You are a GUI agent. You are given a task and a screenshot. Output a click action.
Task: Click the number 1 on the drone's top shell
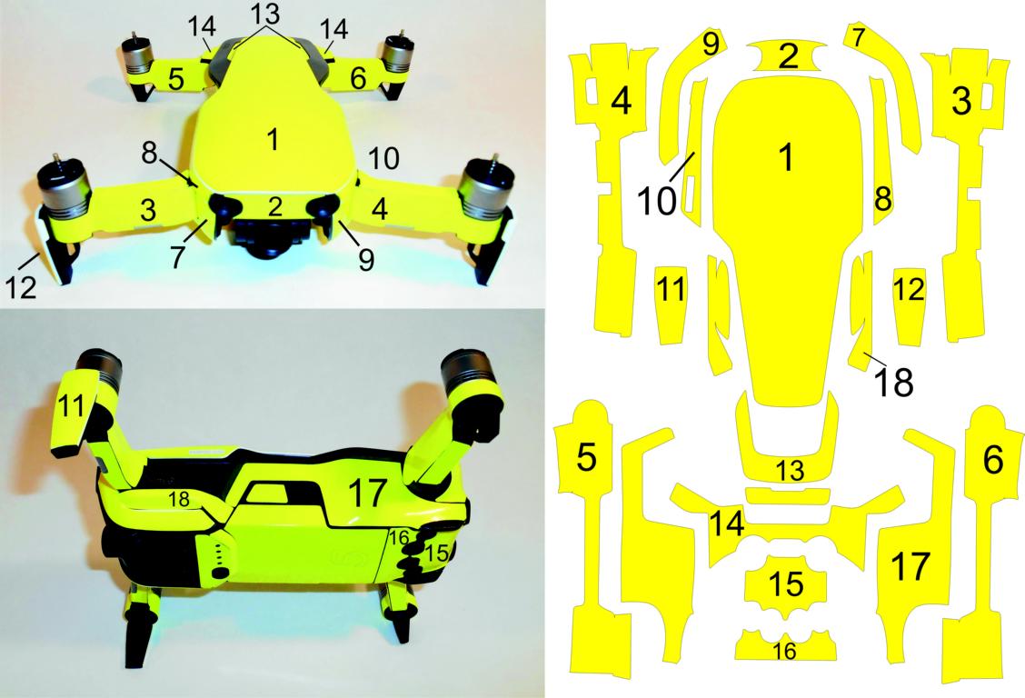[274, 139]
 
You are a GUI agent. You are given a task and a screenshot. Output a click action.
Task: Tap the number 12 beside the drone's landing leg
[21, 288]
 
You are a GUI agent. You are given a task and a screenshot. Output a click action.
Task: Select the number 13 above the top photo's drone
[264, 14]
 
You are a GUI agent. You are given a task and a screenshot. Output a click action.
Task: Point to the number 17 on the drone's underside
[366, 492]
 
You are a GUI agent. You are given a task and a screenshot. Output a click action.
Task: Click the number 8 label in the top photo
[150, 153]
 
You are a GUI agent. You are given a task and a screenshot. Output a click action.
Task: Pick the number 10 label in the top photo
[383, 158]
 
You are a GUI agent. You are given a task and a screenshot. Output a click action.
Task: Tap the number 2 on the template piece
[789, 55]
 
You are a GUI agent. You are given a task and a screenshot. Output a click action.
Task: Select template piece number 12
[910, 306]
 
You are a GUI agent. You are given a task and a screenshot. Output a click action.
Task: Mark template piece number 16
[785, 644]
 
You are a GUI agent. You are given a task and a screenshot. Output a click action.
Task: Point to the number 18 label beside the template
[893, 382]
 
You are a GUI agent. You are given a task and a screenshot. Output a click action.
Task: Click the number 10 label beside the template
[657, 200]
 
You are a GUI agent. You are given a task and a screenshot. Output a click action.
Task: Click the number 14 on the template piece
[727, 523]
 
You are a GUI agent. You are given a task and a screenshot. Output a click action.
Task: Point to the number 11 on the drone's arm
[73, 406]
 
